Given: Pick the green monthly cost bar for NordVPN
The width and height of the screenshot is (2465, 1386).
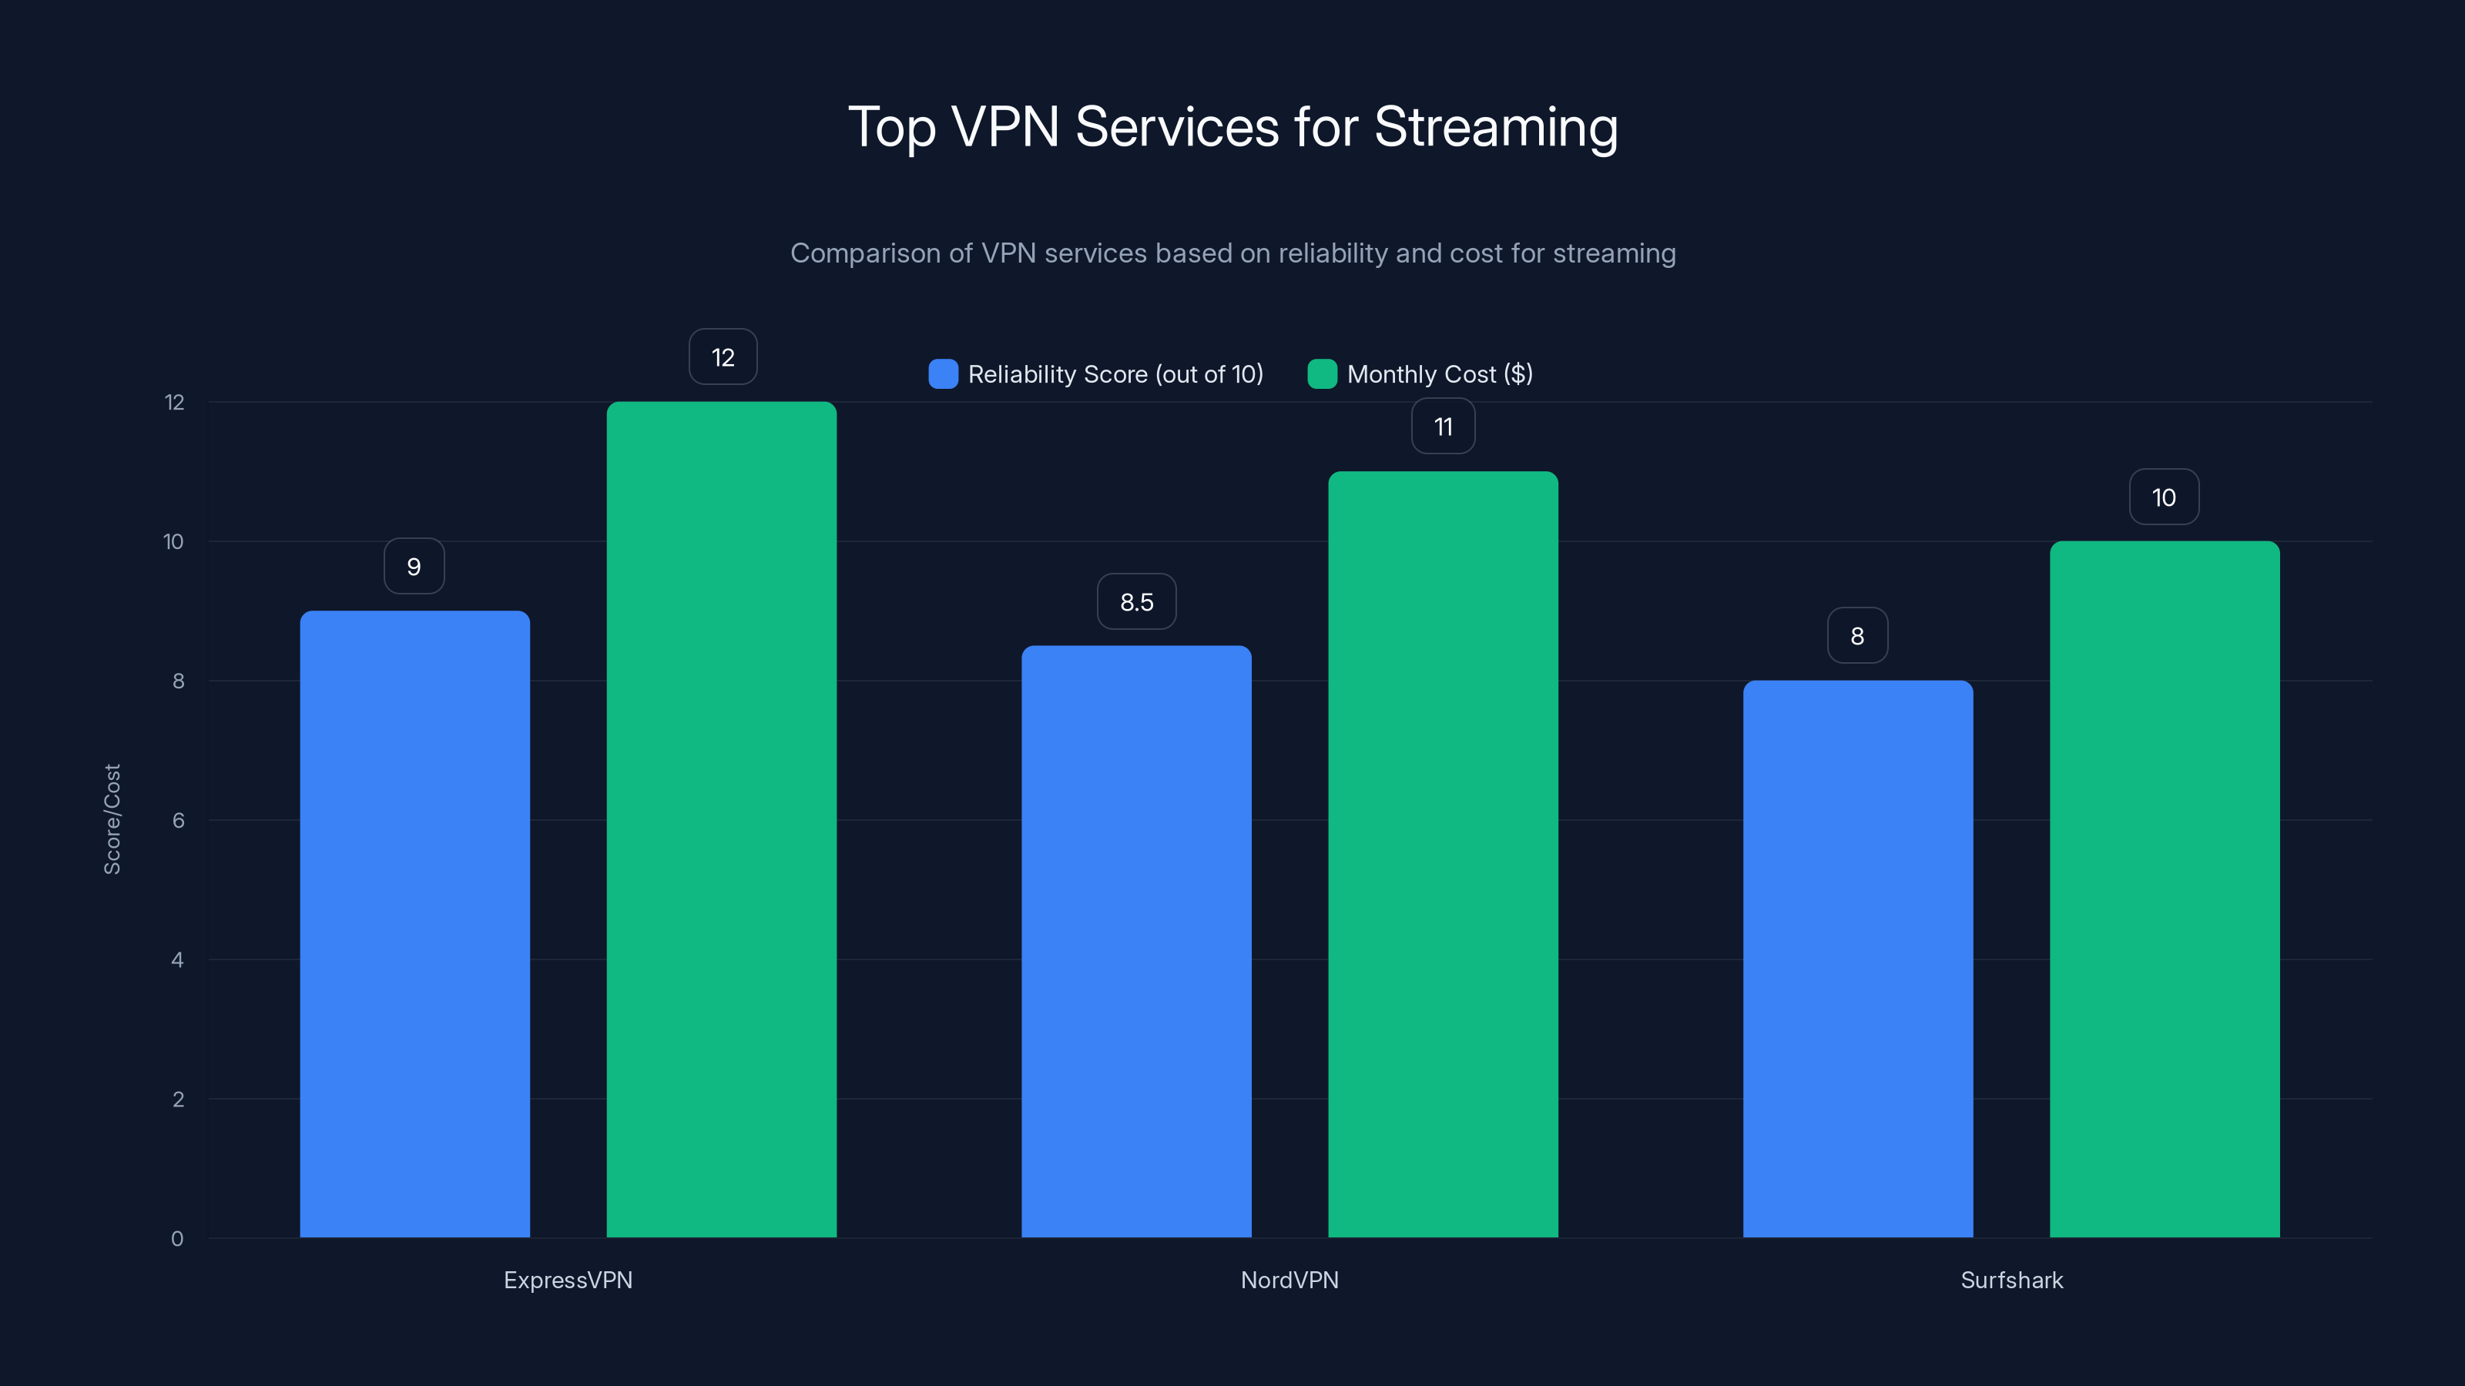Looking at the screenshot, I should coord(1443,853).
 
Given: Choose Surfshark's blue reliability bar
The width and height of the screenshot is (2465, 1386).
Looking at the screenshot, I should coord(1857,959).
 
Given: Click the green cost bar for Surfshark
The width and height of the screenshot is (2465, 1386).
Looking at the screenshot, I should coord(2165,889).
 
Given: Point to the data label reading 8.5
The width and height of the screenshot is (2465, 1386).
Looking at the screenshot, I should coord(1136,601).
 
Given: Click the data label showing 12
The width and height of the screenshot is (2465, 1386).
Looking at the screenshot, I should coord(723,357).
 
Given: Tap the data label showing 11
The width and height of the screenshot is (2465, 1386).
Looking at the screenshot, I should coord(1443,427).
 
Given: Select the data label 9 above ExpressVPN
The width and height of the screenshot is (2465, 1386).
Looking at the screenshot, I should coord(414,566).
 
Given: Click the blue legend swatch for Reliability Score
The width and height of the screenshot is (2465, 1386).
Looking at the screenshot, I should coord(943,374).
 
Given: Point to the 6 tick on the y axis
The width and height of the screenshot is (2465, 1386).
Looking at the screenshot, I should coord(178,820).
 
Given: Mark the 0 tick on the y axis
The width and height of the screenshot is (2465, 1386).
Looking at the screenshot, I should coord(177,1239).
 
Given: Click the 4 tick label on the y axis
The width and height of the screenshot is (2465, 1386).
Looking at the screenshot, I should coord(177,959).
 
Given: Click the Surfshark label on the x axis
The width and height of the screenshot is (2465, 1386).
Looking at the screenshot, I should coord(2011,1280).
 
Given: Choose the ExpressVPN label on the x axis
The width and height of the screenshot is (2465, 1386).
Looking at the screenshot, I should coord(568,1280).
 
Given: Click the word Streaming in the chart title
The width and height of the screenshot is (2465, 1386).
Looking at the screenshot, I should coord(1496,127).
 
